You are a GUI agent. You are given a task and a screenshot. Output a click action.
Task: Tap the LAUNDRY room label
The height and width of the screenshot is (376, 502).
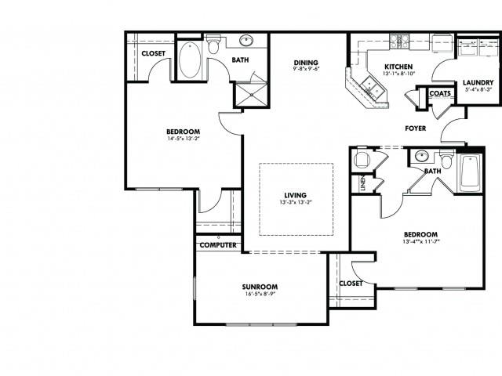pos(477,82)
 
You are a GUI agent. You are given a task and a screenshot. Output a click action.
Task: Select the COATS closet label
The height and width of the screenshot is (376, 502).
pos(439,94)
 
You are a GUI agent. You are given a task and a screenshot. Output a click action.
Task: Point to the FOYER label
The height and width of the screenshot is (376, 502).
pos(415,128)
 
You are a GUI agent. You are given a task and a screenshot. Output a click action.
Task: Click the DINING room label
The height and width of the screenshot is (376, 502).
pos(306,63)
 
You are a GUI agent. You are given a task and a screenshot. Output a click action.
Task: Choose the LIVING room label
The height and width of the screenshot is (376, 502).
pos(296,195)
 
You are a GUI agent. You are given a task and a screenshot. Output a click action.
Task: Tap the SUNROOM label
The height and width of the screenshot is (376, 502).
pos(260,287)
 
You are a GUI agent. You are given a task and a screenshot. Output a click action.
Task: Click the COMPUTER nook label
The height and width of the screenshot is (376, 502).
pos(218,245)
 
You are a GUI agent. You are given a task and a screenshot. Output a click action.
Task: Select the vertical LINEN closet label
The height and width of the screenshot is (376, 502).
pos(363,183)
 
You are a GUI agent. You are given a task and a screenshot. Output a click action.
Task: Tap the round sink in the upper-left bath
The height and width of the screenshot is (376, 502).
pos(246,42)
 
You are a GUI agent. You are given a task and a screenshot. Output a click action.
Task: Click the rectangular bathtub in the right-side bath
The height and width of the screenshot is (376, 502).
pos(469,172)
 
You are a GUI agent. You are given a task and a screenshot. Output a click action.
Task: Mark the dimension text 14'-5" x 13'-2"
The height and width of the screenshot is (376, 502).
pos(184,139)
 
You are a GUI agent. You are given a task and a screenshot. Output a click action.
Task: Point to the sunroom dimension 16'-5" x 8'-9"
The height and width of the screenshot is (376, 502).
pos(260,295)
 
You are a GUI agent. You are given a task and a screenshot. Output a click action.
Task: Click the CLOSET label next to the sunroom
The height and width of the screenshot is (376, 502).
pos(351,284)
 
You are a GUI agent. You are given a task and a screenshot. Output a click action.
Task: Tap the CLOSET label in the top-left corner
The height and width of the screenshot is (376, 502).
pos(153,54)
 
